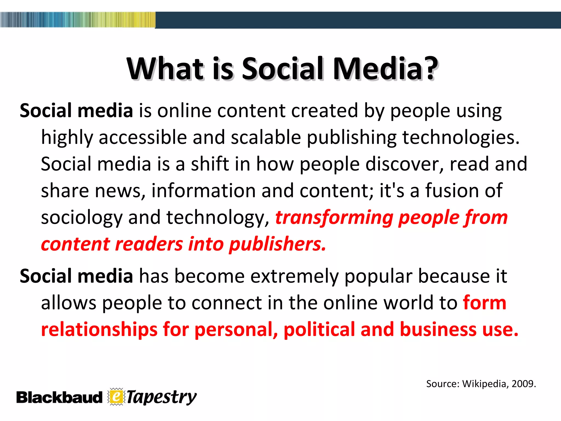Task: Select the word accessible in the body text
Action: click(143, 137)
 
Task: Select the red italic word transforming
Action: click(334, 217)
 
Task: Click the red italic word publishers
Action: click(277, 244)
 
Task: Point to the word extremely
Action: click(294, 276)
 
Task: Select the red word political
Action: click(319, 329)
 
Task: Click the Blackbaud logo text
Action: click(59, 397)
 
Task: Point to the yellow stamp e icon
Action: click(116, 397)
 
